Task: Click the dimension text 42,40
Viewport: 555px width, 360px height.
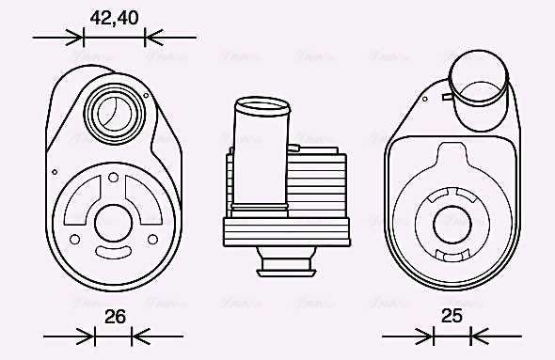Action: pyautogui.click(x=115, y=17)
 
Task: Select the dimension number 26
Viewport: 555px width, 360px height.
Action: pyautogui.click(x=115, y=317)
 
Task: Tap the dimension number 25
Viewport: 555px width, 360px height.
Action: pyautogui.click(x=452, y=317)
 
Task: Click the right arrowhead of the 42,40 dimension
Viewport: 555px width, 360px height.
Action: pyautogui.click(x=151, y=38)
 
